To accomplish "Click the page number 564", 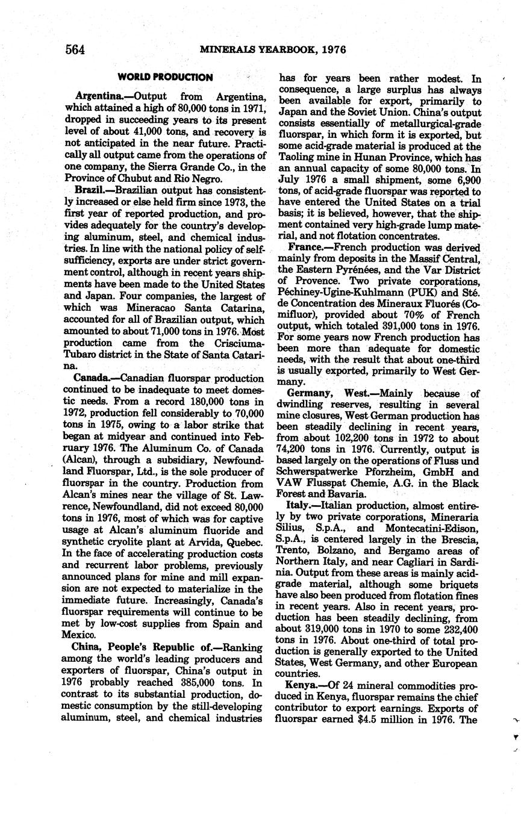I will click(75, 49).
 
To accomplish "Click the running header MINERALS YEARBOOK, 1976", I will click(273, 49).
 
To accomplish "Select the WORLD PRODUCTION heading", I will click(164, 78).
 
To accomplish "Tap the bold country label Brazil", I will click(91, 190).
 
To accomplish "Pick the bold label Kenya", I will click(305, 686).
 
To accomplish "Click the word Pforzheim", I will click(393, 472).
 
